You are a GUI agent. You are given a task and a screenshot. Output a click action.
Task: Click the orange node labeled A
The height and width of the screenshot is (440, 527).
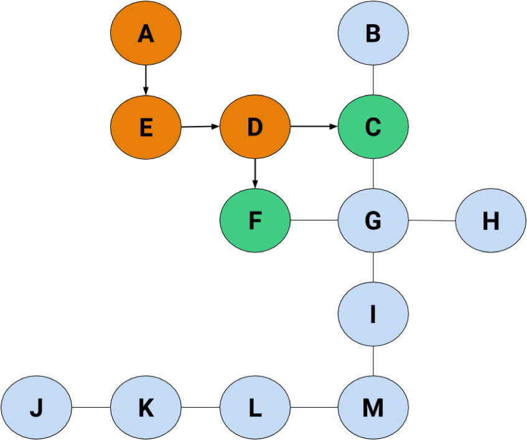(146, 33)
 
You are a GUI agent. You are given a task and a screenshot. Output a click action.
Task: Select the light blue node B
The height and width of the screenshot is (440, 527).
(373, 33)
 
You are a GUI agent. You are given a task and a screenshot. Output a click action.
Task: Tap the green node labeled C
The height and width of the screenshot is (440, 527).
(373, 127)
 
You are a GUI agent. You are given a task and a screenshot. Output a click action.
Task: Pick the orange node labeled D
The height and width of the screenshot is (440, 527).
(255, 127)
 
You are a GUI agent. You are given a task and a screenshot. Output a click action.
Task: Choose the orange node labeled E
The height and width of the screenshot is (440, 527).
(146, 127)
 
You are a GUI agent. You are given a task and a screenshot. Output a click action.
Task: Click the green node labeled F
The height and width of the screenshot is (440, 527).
(255, 221)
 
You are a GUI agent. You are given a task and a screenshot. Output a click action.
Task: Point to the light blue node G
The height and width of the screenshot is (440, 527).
(373, 221)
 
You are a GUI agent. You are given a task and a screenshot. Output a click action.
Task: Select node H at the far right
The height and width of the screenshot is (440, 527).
(490, 221)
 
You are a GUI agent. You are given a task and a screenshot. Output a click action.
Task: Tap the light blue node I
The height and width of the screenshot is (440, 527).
(373, 314)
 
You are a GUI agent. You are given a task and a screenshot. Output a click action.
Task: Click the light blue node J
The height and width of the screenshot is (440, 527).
(36, 408)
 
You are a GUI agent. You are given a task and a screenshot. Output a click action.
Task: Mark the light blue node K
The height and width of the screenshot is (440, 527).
(146, 408)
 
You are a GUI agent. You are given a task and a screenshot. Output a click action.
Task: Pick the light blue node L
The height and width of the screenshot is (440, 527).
(255, 408)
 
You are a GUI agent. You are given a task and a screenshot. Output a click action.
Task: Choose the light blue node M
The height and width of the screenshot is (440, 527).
(373, 408)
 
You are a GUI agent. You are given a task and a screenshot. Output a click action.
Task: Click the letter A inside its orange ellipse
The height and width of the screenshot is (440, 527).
(146, 34)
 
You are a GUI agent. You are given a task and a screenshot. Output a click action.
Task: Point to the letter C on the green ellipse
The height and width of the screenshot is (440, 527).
(373, 128)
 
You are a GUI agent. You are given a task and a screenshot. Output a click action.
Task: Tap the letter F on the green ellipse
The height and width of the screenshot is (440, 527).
(255, 221)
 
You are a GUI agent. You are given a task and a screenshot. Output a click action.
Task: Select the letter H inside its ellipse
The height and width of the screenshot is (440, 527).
(491, 221)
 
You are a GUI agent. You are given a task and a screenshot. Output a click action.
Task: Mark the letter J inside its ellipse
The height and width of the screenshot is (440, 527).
(36, 408)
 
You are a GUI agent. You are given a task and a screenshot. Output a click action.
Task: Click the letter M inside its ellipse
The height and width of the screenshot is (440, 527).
(373, 408)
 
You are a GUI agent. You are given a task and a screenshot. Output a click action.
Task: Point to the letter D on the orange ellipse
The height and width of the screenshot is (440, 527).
(255, 128)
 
